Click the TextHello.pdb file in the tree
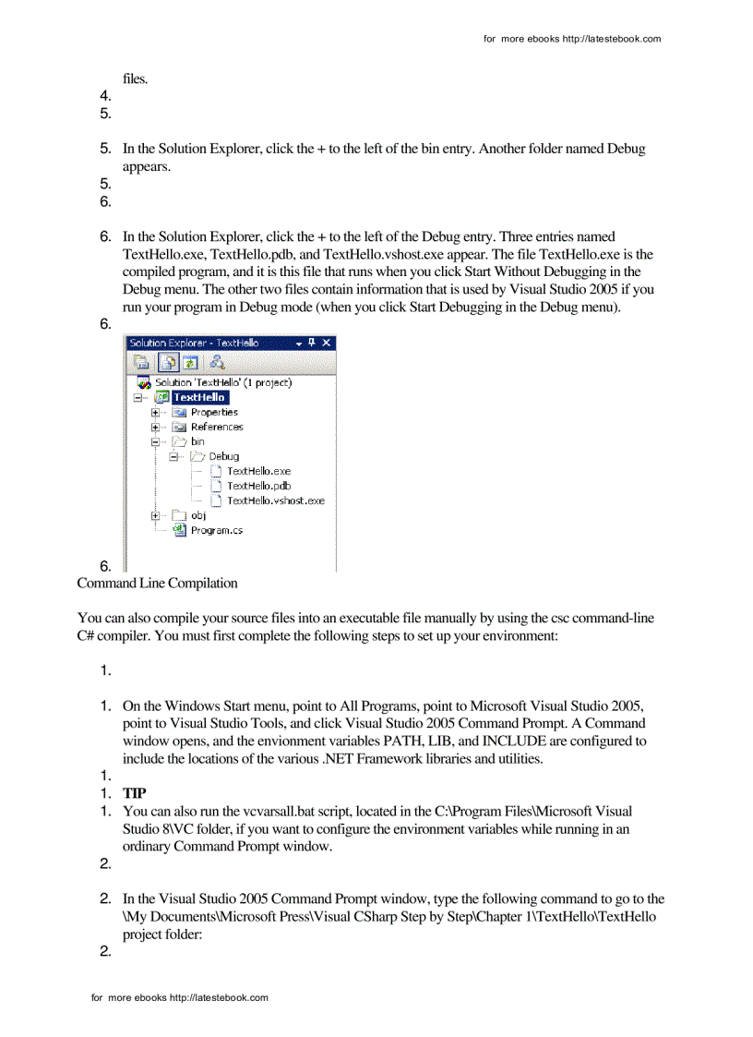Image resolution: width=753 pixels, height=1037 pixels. pyautogui.click(x=258, y=486)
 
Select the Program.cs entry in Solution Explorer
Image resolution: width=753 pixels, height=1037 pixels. pyautogui.click(x=216, y=530)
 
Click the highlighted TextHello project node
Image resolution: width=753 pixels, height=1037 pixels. pyautogui.click(x=199, y=397)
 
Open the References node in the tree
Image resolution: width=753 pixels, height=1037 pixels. pyautogui.click(x=217, y=427)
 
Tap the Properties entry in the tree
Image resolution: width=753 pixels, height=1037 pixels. pyautogui.click(x=214, y=412)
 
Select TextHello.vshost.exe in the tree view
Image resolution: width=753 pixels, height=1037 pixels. pyautogui.click(x=275, y=500)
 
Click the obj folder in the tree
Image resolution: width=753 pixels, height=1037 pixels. pyautogui.click(x=197, y=515)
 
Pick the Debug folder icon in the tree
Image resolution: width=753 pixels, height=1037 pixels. pyautogui.click(x=197, y=456)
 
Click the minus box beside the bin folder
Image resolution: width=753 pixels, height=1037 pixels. pyautogui.click(x=155, y=441)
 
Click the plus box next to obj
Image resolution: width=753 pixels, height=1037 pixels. pyautogui.click(x=155, y=515)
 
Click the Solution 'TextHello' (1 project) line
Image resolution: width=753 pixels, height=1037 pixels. pyautogui.click(x=222, y=382)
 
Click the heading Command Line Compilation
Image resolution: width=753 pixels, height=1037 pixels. pyautogui.click(x=157, y=583)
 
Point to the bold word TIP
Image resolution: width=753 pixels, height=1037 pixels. pyautogui.click(x=136, y=793)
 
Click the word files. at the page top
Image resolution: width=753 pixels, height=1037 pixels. pyautogui.click(x=136, y=78)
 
